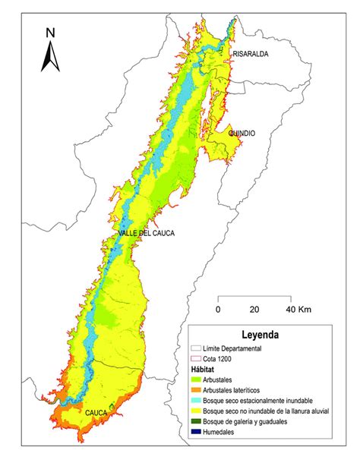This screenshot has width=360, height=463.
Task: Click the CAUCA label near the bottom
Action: tap(96, 412)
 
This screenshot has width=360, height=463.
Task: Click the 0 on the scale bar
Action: tap(218, 310)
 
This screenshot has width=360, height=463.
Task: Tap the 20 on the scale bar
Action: tap(254, 310)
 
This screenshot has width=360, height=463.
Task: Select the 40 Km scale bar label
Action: tap(297, 310)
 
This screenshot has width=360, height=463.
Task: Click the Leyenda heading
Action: tap(261, 334)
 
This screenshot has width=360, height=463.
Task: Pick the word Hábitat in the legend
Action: tap(207, 368)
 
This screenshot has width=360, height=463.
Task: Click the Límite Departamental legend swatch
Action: tap(197, 348)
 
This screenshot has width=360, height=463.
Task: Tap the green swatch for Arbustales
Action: tap(197, 379)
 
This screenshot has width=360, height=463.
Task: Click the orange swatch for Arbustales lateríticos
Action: tap(197, 389)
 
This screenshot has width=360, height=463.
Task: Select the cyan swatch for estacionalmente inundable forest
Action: tap(197, 400)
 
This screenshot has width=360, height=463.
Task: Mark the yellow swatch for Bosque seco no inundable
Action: tap(197, 411)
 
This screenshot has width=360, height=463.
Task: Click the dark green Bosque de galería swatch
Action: tap(197, 421)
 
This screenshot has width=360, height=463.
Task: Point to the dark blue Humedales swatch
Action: tap(197, 432)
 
